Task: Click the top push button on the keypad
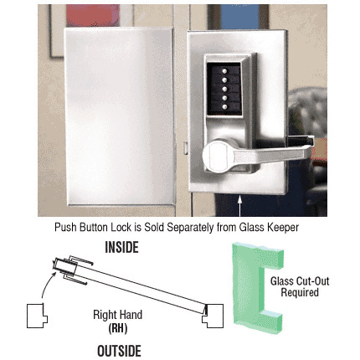[x=224, y=71]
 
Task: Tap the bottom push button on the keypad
[x=224, y=106]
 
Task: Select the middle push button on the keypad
[x=224, y=89]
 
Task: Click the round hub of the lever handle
[x=216, y=156]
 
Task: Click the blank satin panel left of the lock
[x=120, y=116]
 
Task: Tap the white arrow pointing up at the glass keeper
[x=240, y=207]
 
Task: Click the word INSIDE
[x=121, y=247]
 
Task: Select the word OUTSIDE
[x=119, y=351]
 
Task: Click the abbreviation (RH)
[x=118, y=328]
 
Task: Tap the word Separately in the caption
[x=191, y=228]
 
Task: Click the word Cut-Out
[x=314, y=280]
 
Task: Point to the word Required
[x=300, y=292]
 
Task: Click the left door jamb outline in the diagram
[x=37, y=316]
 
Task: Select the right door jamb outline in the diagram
[x=213, y=316]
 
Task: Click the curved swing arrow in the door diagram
[x=48, y=284]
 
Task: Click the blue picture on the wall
[x=240, y=17]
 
